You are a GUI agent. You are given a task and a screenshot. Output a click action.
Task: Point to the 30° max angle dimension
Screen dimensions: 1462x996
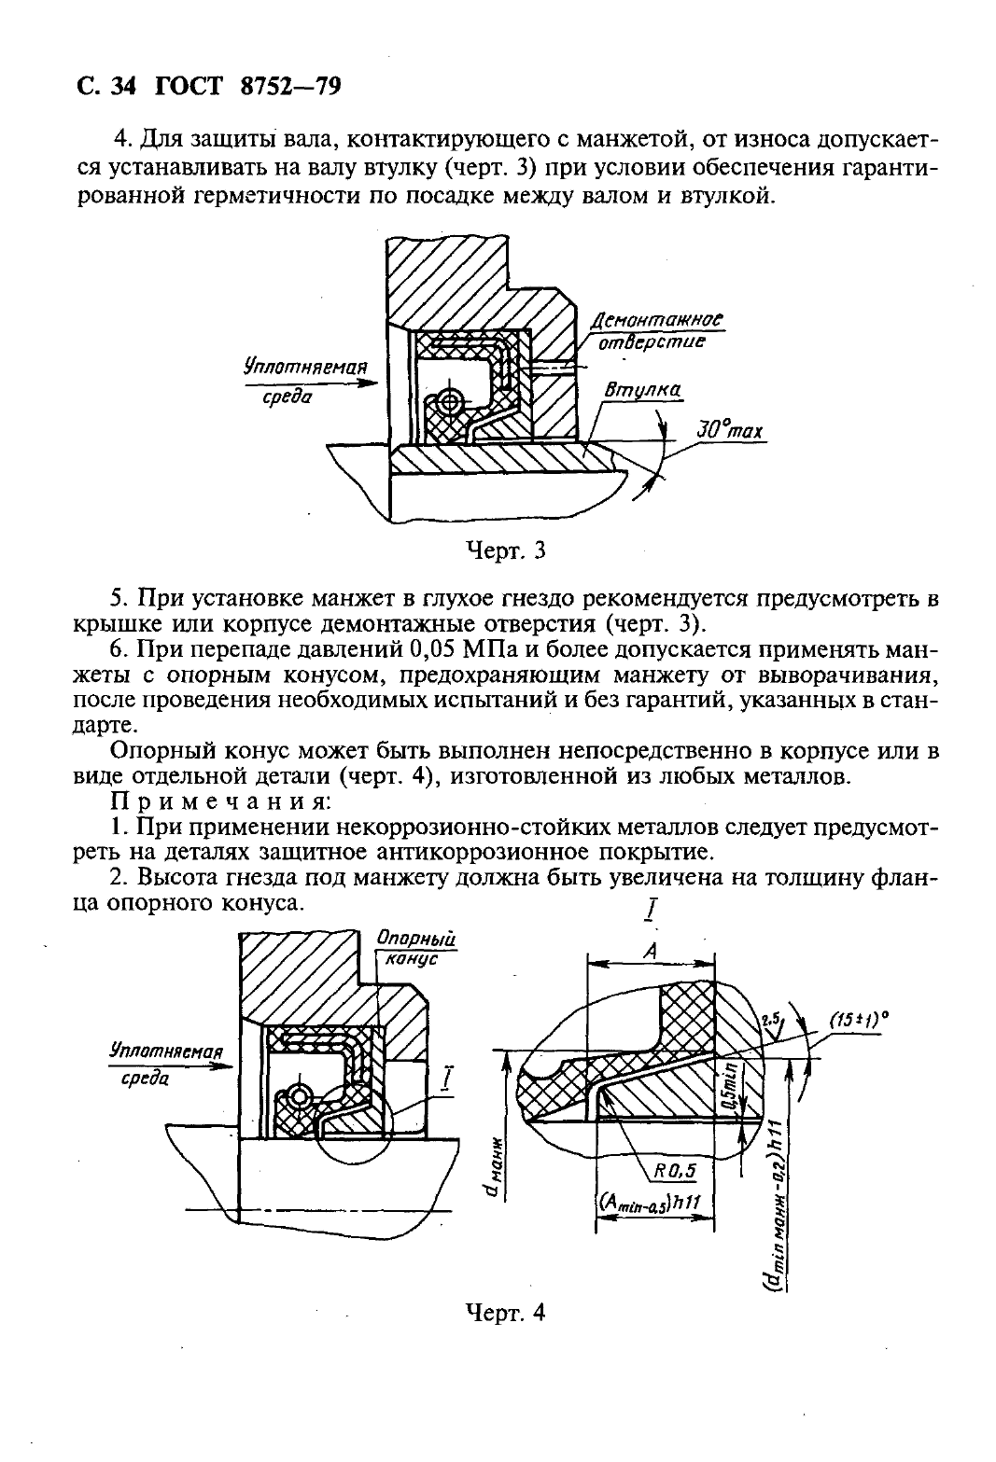point(729,432)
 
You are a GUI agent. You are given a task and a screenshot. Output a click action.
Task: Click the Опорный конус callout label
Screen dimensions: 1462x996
point(410,948)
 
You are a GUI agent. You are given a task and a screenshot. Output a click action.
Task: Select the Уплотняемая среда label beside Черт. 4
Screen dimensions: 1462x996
point(166,1064)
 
